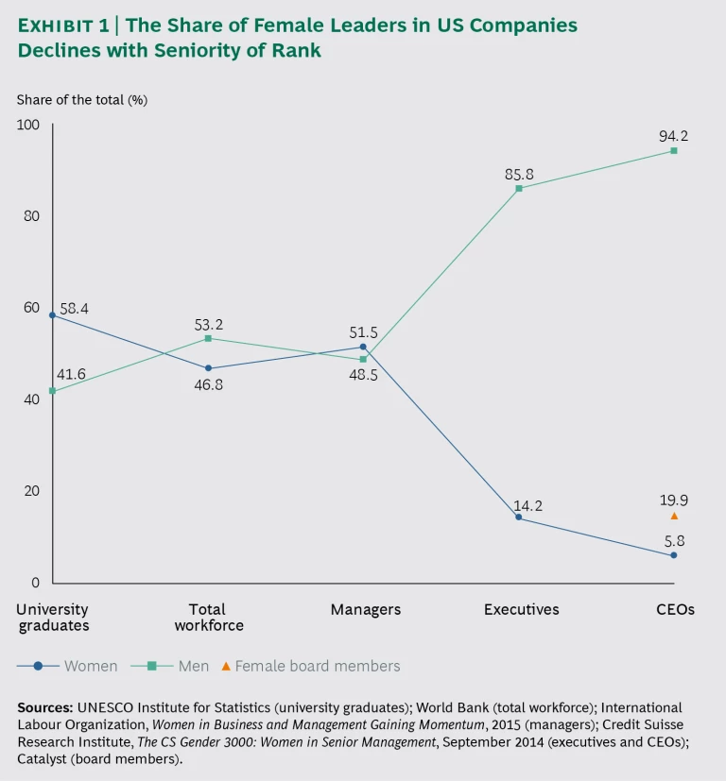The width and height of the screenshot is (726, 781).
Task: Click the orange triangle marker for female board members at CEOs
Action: pyautogui.click(x=674, y=516)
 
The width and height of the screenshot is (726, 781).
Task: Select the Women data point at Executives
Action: pyautogui.click(x=519, y=518)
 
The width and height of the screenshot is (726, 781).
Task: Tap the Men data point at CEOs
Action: pyautogui.click(x=674, y=151)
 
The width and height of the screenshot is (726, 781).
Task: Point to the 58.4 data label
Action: pyautogui.click(x=74, y=309)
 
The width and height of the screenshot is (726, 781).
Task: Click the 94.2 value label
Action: pyautogui.click(x=673, y=136)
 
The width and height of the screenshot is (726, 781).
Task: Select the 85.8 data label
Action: pyautogui.click(x=519, y=174)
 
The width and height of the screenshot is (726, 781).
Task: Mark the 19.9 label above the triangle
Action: pyautogui.click(x=673, y=500)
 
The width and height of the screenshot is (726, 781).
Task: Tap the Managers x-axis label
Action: pyautogui.click(x=365, y=610)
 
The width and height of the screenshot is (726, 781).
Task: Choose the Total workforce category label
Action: pyautogui.click(x=207, y=618)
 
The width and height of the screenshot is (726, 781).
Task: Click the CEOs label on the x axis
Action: pyautogui.click(x=675, y=610)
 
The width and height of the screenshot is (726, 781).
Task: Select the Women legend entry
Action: pyautogui.click(x=68, y=666)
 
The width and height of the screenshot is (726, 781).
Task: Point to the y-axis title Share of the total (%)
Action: pyautogui.click(x=81, y=99)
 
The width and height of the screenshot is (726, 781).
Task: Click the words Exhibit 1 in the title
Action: pyautogui.click(x=62, y=26)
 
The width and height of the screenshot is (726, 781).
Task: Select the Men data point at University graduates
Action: pyautogui.click(x=53, y=391)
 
